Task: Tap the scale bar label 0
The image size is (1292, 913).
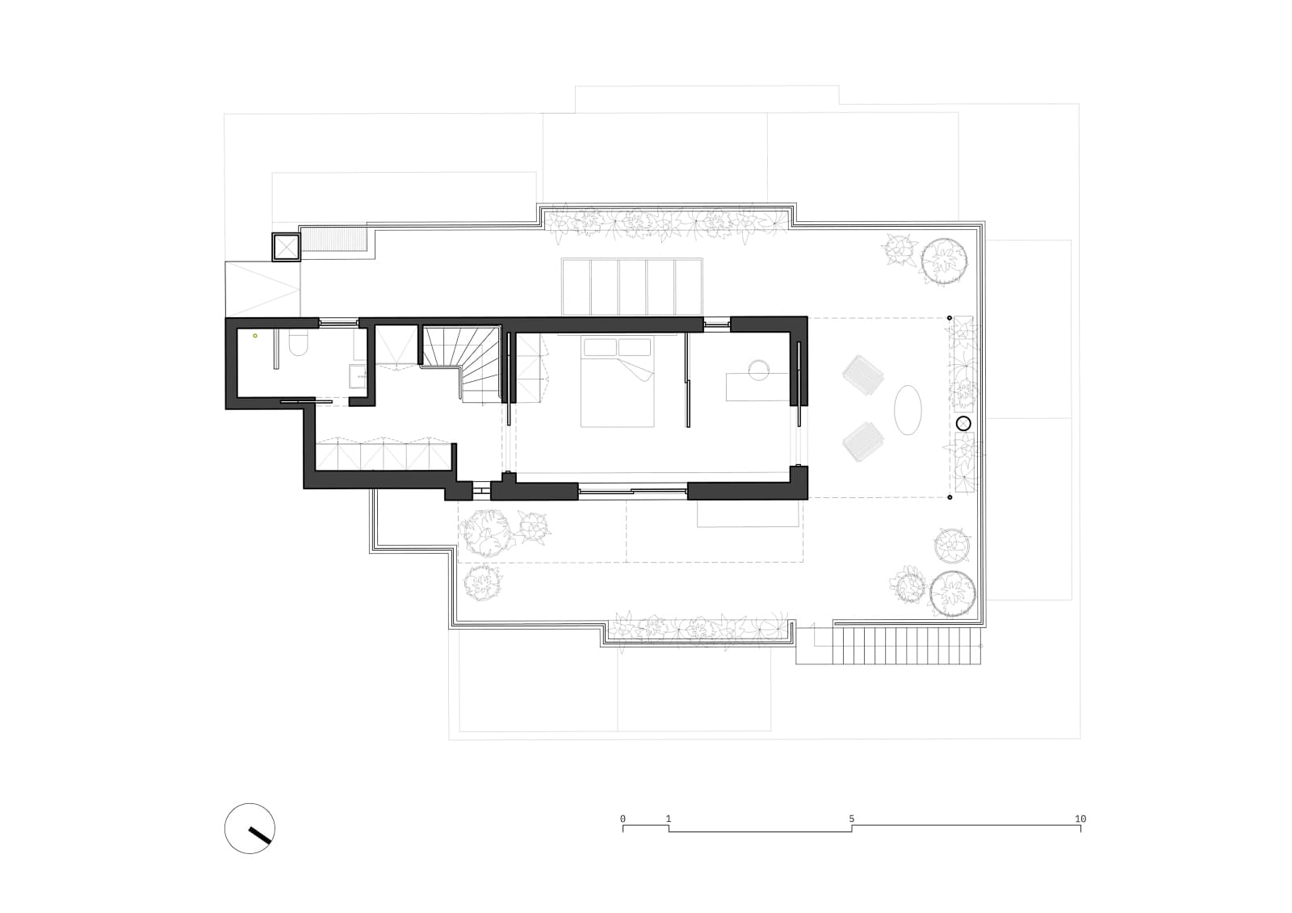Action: click(x=623, y=819)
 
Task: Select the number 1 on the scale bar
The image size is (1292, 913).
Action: click(x=669, y=819)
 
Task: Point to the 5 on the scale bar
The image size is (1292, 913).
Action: click(x=851, y=819)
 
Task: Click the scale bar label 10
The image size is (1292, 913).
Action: click(x=1080, y=819)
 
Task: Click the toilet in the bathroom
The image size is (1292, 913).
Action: click(x=300, y=342)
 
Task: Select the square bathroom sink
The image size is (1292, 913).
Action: click(x=357, y=376)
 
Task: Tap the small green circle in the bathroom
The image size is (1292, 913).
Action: click(x=255, y=336)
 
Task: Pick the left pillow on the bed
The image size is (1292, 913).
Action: click(x=600, y=347)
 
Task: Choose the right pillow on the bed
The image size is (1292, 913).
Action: click(x=635, y=347)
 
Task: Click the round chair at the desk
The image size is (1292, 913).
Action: click(x=759, y=371)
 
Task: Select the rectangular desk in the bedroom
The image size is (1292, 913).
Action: click(x=757, y=387)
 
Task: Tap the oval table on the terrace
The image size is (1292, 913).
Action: click(x=908, y=410)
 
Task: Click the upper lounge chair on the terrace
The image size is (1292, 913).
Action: click(x=863, y=375)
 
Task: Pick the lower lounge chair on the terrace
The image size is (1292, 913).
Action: click(x=863, y=442)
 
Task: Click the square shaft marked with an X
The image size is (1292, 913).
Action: click(x=286, y=248)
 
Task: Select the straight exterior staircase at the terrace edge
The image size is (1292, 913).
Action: click(x=906, y=646)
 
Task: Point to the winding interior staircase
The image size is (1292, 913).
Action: click(x=461, y=363)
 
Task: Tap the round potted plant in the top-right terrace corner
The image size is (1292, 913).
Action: click(x=944, y=262)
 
